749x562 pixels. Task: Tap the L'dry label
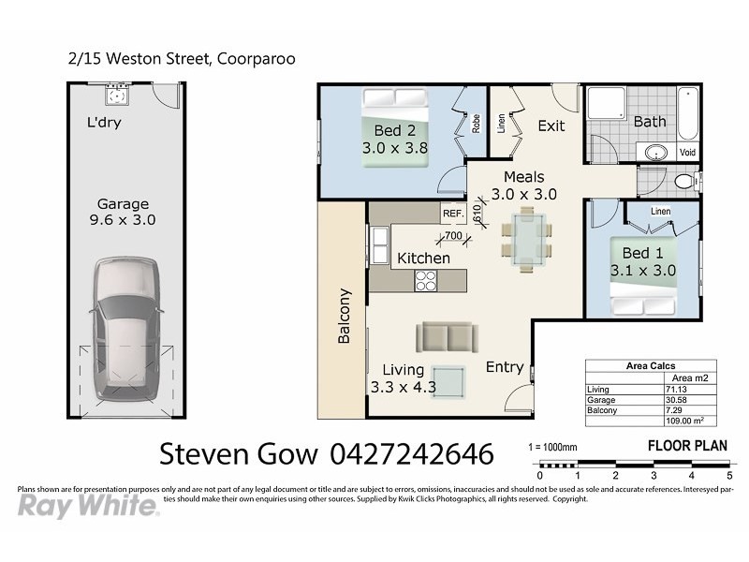pyautogui.click(x=104, y=122)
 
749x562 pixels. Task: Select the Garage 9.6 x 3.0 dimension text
pyautogui.click(x=125, y=212)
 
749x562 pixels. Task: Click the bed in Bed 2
pyautogui.click(x=395, y=127)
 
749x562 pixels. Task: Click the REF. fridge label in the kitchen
pyautogui.click(x=454, y=214)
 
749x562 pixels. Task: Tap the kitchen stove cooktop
pyautogui.click(x=427, y=279)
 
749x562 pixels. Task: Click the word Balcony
pyautogui.click(x=344, y=316)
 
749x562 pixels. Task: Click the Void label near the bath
pyautogui.click(x=687, y=152)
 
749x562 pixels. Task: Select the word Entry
pyautogui.click(x=505, y=367)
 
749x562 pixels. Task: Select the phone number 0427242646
pyautogui.click(x=412, y=455)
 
